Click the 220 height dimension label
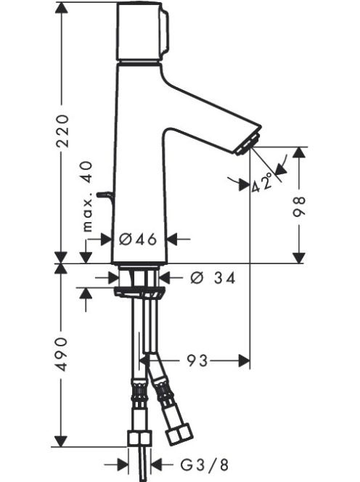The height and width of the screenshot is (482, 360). click(x=64, y=131)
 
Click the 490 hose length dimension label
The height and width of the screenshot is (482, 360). click(x=62, y=354)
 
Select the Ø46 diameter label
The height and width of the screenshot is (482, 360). click(x=138, y=239)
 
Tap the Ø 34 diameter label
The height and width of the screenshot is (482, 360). click(x=213, y=278)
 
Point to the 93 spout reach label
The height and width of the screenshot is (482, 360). click(x=197, y=360)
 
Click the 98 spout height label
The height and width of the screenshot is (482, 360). click(x=298, y=206)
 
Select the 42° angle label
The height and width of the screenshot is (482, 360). click(x=262, y=183)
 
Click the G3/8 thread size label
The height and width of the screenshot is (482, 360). click(x=204, y=465)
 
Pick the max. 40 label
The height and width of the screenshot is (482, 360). click(x=87, y=197)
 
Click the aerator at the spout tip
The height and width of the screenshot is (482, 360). click(x=248, y=144)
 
